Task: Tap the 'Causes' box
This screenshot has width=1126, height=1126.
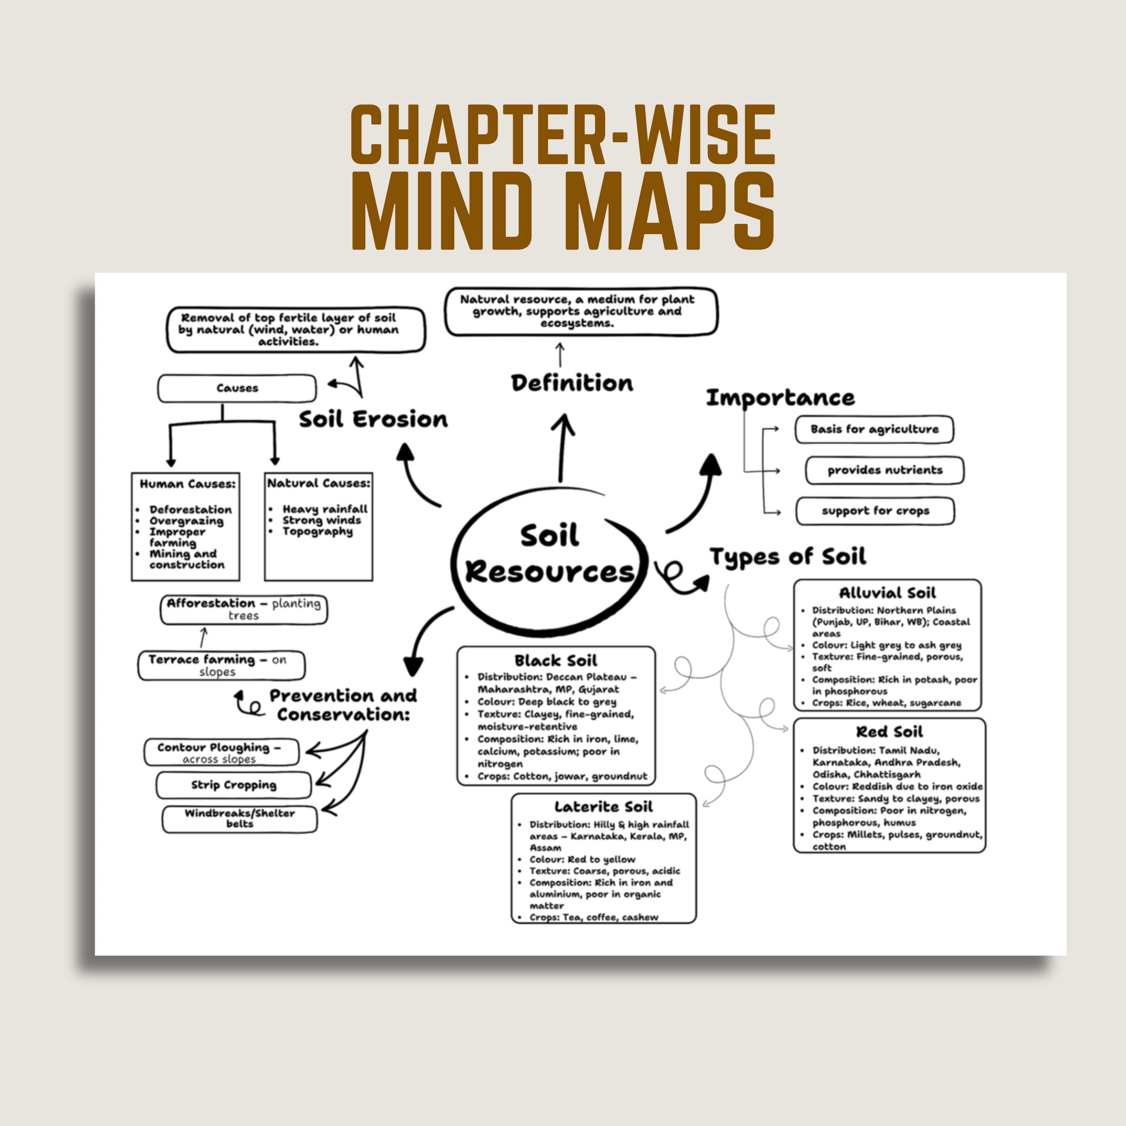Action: [x=237, y=388]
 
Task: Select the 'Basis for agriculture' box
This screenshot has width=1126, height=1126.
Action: [x=874, y=429]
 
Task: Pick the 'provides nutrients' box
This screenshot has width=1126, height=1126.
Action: [x=884, y=470]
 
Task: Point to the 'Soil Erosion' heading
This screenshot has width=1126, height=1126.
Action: [x=373, y=419]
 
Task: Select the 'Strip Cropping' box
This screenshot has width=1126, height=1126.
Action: [x=234, y=785]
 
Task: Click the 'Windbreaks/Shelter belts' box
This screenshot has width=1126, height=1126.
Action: [x=240, y=818]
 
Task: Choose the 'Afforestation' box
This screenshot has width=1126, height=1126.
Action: [x=244, y=609]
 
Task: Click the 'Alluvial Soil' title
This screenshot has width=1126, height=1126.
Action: [x=887, y=593]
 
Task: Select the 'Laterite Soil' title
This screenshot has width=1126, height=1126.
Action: [x=603, y=807]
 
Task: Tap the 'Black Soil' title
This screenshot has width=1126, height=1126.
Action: [x=555, y=660]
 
